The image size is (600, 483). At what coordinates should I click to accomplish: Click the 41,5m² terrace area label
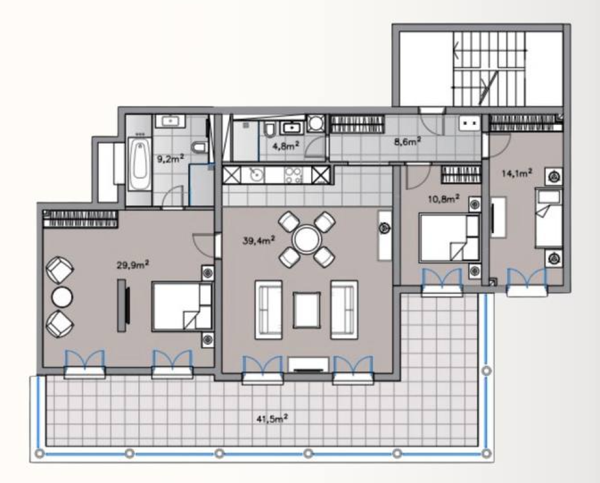(272, 418)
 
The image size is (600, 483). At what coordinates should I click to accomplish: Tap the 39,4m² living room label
(259, 240)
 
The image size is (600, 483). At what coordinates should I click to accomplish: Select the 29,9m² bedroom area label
(133, 264)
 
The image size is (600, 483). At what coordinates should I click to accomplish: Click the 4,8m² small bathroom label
(285, 146)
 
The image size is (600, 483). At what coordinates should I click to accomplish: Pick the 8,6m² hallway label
(408, 141)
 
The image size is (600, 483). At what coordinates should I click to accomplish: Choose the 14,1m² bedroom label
(517, 173)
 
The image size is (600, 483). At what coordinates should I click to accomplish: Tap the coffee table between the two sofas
(306, 310)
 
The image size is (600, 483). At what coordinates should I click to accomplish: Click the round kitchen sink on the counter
(255, 174)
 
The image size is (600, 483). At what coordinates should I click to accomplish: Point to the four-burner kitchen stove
(294, 175)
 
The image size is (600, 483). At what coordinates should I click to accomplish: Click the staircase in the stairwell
(490, 69)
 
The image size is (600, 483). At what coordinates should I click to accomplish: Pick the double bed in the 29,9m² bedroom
(182, 307)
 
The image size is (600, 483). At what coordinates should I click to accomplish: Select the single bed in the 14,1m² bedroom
(548, 218)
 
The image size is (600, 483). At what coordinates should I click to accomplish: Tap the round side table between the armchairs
(62, 297)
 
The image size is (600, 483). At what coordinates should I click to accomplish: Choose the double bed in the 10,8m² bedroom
(450, 238)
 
